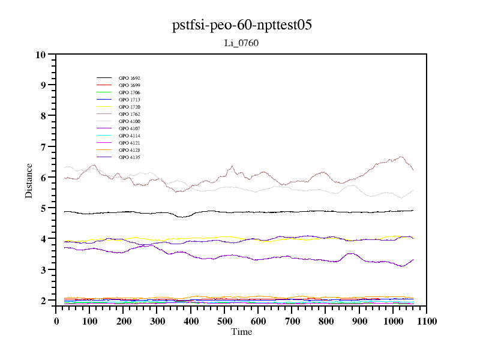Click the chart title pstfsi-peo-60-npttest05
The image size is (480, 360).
tap(241, 25)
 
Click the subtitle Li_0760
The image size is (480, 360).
tap(241, 43)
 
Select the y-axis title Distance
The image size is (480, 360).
tap(29, 180)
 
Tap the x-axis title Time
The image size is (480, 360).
tap(241, 332)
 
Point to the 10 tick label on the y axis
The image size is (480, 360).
tap(41, 55)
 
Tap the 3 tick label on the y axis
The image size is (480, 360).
tap(43, 270)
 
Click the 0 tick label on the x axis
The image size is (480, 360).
tap(56, 321)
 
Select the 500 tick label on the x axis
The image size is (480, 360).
tap(224, 321)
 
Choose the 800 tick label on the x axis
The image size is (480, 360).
tap(325, 321)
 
